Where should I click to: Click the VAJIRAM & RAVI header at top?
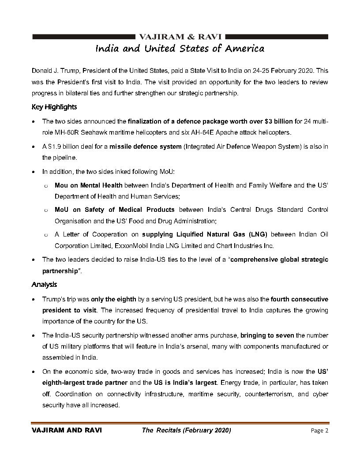(180, 36)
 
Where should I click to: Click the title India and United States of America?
(180, 48)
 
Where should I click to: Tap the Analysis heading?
(44, 285)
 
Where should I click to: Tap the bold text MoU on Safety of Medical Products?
(115, 209)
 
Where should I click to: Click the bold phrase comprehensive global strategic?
(279, 259)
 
